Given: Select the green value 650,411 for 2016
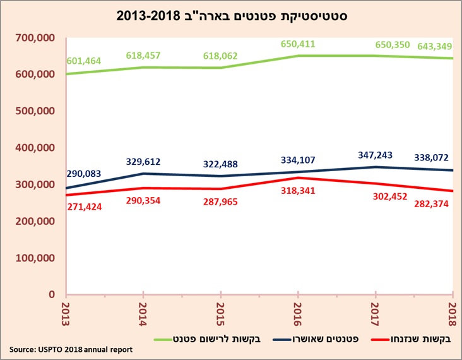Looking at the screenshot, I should (x=297, y=44).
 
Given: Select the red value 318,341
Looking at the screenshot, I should (x=298, y=189).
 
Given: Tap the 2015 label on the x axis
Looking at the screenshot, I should (x=219, y=314).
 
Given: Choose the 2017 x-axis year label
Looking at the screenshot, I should (x=376, y=314).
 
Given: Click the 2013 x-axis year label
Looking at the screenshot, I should (x=65, y=314).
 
